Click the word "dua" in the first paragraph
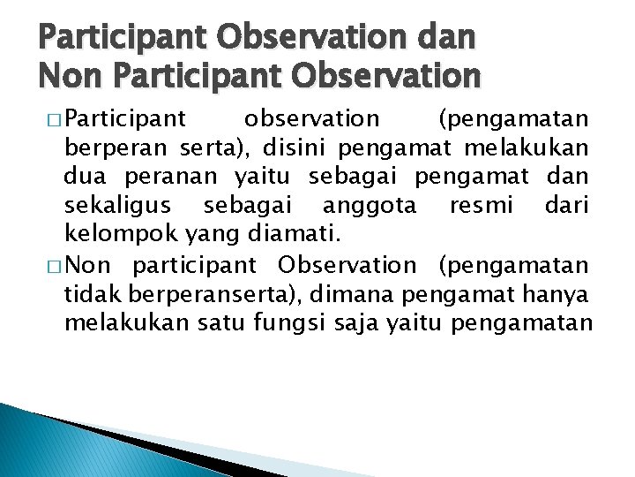(81, 177)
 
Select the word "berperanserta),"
(221, 293)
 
